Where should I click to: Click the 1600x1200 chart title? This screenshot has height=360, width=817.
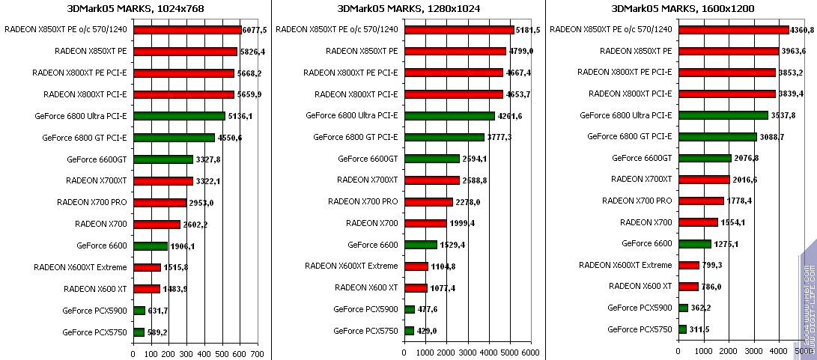click(683, 8)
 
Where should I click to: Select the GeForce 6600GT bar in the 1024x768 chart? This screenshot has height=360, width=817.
click(163, 159)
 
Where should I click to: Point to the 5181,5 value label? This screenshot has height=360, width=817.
click(529, 30)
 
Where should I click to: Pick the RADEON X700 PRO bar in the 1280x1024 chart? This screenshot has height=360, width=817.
click(428, 202)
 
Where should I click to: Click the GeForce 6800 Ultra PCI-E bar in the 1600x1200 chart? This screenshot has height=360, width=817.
click(723, 116)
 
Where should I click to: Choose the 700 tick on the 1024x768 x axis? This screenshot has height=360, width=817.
click(257, 353)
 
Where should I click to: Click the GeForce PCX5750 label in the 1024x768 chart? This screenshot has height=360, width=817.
click(94, 332)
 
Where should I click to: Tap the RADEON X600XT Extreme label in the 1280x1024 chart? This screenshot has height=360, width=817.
click(351, 266)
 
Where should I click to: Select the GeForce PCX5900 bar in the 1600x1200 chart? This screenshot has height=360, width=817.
click(683, 308)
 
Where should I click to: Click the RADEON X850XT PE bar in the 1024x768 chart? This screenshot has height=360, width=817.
click(185, 52)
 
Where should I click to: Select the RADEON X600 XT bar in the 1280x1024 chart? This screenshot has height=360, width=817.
click(416, 288)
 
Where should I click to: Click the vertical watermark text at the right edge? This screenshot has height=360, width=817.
click(808, 299)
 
